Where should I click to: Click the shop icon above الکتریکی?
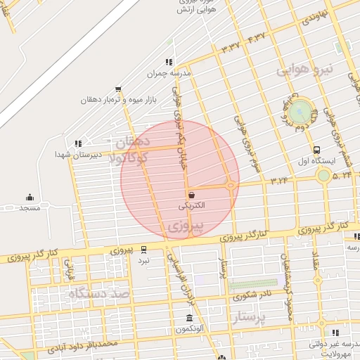click(x=191, y=194)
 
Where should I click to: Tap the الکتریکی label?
click(x=192, y=206)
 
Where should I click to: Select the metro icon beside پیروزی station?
click(x=144, y=249)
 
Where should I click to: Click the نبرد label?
click(x=143, y=261)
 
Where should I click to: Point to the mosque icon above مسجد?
click(x=30, y=197)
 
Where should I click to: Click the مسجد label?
click(x=30, y=208)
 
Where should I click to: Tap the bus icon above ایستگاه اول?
click(x=318, y=150)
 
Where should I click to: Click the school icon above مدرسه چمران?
click(x=169, y=62)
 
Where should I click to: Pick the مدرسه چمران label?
click(x=169, y=73)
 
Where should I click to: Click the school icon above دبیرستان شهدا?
click(x=77, y=143)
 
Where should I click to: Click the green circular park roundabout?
click(x=300, y=110)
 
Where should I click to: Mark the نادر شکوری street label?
click(x=250, y=296)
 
